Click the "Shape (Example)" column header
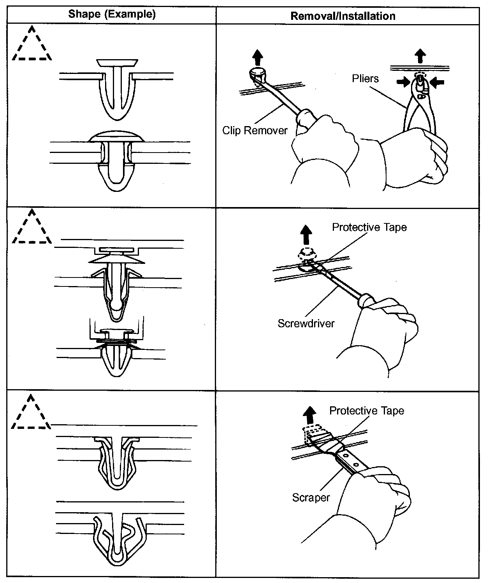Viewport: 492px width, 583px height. point(112,15)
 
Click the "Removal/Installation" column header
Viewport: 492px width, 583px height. point(343,16)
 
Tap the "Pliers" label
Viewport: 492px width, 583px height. point(365,79)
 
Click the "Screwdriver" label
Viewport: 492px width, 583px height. point(306,323)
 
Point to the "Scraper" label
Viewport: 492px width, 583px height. point(311,497)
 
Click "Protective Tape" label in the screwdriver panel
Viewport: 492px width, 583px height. point(369,227)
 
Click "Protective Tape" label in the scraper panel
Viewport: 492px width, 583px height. point(367,411)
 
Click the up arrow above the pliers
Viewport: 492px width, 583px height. point(419,55)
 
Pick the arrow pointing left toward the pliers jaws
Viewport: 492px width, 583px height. point(438,82)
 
